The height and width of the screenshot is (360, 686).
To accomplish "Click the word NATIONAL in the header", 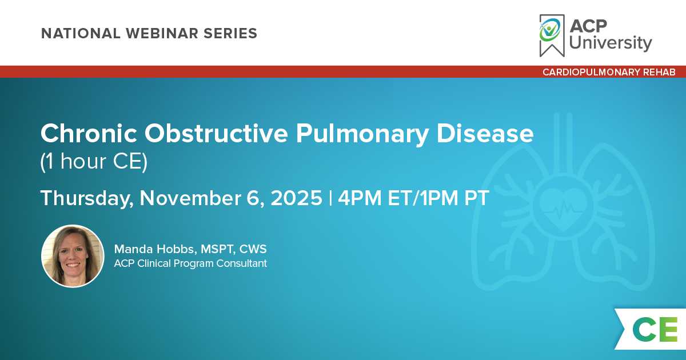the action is tap(81, 33).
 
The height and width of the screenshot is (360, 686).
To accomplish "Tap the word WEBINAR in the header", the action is tap(162, 33).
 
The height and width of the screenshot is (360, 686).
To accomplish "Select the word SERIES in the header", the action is tap(230, 33).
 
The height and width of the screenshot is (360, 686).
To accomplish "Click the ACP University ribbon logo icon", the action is tap(552, 35).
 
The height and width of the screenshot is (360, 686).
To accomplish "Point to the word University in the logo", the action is tap(611, 43).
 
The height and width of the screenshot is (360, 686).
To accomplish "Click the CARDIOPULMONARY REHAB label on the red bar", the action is tap(609, 72).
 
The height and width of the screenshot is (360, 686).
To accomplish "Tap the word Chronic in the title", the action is tap(89, 134).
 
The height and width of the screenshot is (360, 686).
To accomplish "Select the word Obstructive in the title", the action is tap(216, 134).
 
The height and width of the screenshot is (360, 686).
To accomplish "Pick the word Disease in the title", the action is tap(485, 134).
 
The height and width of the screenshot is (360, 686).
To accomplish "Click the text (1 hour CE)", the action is tap(94, 161).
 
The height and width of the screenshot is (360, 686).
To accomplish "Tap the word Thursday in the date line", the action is tap(87, 198).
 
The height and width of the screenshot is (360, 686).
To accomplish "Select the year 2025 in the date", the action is tap(297, 198).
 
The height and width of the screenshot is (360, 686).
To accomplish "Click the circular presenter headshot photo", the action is tap(73, 256).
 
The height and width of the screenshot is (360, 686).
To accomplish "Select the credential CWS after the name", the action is tap(253, 249).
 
